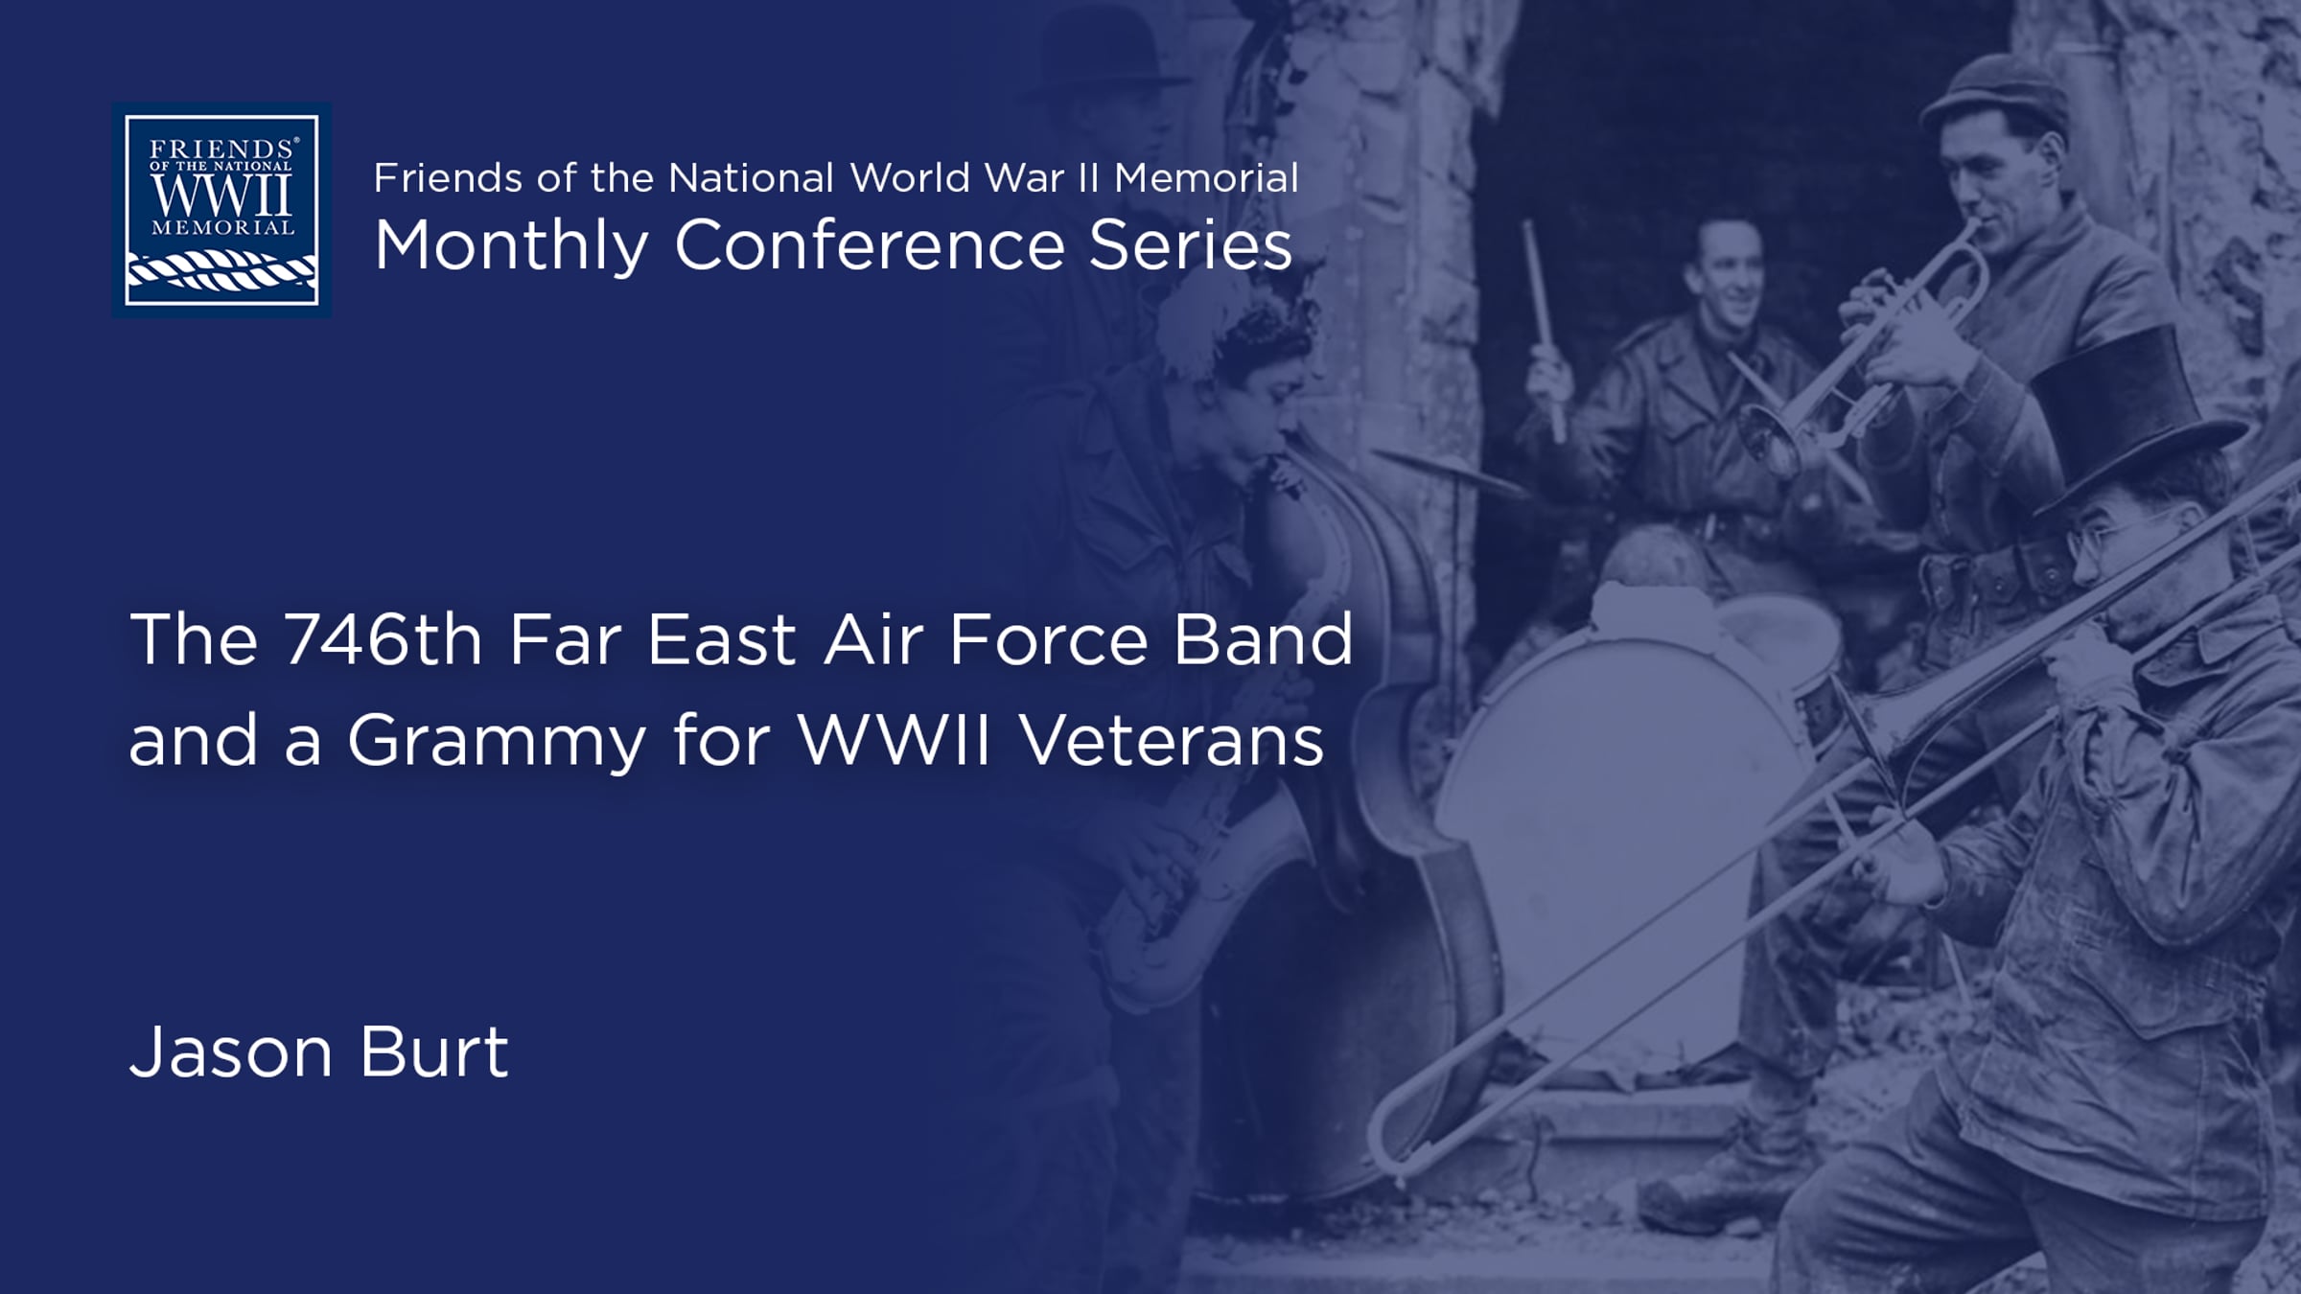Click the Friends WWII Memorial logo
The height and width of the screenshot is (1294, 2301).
click(221, 210)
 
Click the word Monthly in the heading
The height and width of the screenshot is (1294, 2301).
click(512, 246)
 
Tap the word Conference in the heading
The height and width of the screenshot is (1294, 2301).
click(870, 245)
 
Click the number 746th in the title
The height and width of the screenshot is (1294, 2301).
click(383, 639)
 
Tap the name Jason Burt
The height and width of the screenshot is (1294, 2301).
click(319, 1051)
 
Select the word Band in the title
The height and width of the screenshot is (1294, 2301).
click(1264, 638)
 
